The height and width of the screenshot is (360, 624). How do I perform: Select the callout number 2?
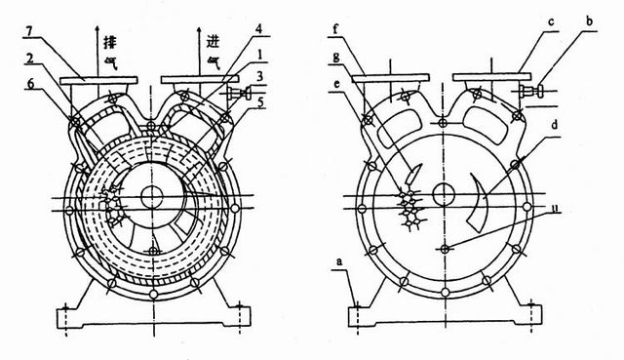(28, 59)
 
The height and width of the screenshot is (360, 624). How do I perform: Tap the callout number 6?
(29, 83)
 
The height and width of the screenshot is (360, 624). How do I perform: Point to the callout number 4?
(259, 29)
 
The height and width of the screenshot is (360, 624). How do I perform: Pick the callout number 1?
(259, 55)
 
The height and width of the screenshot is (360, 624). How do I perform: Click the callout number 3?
(259, 76)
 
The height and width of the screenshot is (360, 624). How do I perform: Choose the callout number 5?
(260, 102)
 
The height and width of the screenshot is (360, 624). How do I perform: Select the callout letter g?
(336, 57)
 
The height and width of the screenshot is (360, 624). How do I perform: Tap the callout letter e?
(337, 84)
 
